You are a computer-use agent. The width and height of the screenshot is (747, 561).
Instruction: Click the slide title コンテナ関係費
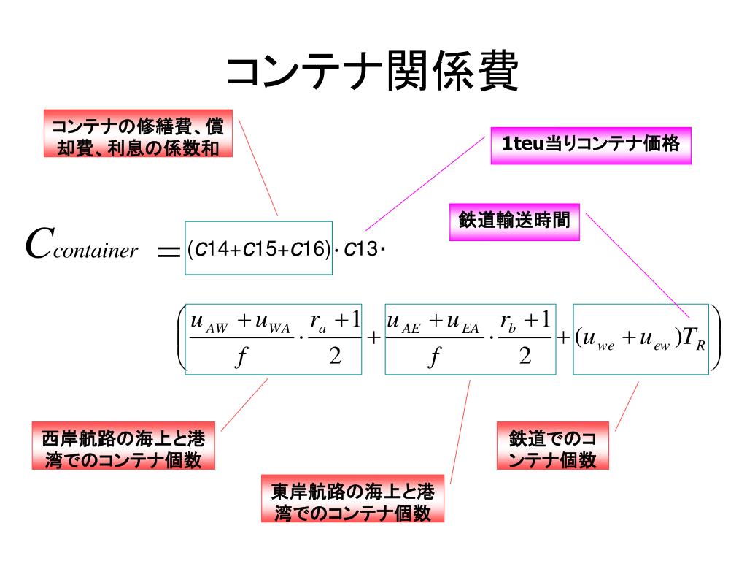(372, 72)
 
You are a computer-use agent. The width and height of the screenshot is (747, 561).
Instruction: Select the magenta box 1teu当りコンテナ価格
(590, 145)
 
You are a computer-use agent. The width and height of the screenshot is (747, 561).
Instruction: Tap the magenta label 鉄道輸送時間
(514, 221)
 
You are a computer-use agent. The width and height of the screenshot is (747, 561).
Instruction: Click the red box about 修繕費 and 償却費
(138, 137)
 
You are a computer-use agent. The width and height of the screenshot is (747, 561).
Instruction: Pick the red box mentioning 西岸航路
(123, 449)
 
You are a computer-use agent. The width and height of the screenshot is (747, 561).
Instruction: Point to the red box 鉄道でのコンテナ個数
(553, 449)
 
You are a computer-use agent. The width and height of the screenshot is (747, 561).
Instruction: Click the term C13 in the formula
(360, 250)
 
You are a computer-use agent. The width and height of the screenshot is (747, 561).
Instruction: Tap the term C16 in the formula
(307, 250)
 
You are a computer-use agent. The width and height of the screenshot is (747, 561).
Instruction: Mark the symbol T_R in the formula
(694, 340)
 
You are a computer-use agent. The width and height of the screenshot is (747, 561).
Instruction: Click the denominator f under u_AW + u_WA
(239, 357)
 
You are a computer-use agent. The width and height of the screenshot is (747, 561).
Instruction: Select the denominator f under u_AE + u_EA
(435, 357)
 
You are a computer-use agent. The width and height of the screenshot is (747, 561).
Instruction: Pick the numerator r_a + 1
(335, 321)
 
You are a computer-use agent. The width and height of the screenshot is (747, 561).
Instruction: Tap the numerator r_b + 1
(525, 321)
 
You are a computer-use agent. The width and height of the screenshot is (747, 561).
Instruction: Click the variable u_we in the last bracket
(597, 341)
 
